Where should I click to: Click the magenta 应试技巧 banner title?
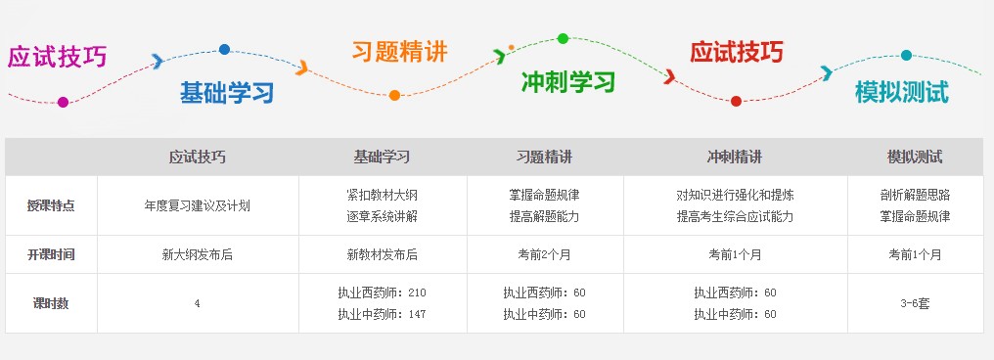[57, 57]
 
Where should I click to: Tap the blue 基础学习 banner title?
[226, 93]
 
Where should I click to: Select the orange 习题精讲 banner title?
[399, 52]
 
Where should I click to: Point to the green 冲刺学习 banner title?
[567, 80]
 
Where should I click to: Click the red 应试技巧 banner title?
[736, 52]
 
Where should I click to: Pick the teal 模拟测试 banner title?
[901, 92]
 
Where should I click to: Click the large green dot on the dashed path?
[563, 38]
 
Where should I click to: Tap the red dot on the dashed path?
[736, 101]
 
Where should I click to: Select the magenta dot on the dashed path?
[64, 102]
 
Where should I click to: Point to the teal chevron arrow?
[827, 72]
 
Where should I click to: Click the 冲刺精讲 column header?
[734, 157]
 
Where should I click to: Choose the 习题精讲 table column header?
[544, 157]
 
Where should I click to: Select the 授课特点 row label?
[51, 205]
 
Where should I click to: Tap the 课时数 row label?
[51, 303]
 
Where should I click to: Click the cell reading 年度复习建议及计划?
[197, 205]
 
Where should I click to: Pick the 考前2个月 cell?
[544, 254]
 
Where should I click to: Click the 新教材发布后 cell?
[382, 254]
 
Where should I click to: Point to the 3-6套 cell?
[915, 303]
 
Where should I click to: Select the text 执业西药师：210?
[382, 292]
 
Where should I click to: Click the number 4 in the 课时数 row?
[197, 303]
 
